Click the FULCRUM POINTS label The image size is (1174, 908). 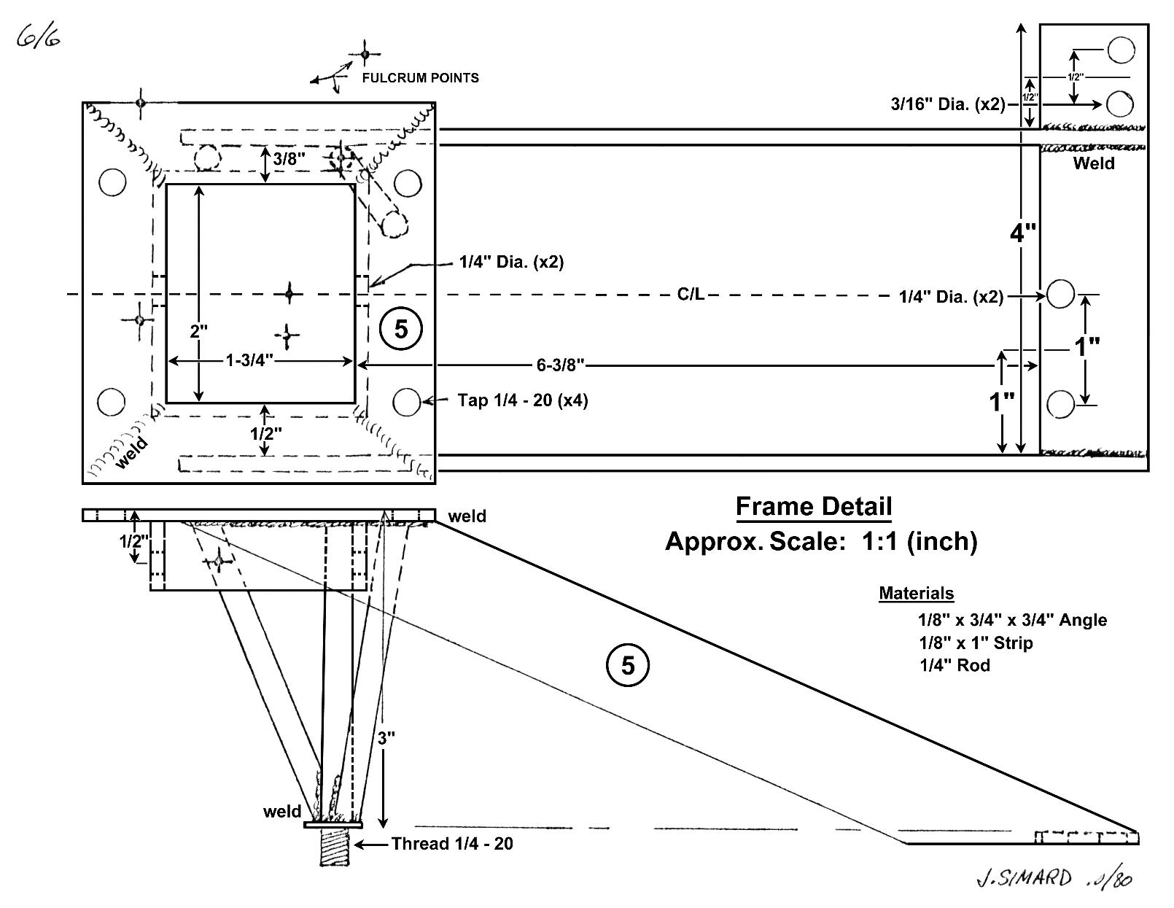[x=420, y=78]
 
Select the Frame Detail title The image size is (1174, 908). [x=813, y=506]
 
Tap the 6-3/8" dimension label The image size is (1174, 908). [x=561, y=365]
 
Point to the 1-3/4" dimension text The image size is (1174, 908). [x=249, y=360]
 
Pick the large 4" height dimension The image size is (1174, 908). [x=1023, y=233]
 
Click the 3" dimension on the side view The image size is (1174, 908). [x=386, y=737]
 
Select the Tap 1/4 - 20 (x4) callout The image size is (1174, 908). [x=522, y=400]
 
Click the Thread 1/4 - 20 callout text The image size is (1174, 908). [x=452, y=844]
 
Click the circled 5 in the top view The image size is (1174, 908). [x=401, y=330]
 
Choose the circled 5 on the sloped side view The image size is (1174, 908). [x=627, y=665]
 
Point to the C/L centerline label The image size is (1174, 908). [x=691, y=295]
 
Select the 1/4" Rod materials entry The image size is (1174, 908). [x=955, y=665]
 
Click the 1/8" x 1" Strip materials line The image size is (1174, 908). [x=976, y=643]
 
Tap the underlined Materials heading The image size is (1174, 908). [x=916, y=593]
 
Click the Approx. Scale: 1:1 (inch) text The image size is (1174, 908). [x=820, y=541]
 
